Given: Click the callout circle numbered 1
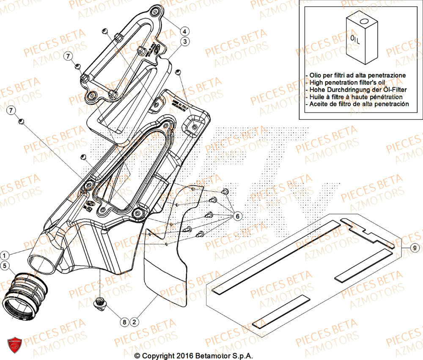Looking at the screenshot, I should (5, 255).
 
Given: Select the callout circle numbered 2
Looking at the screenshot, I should (134, 322).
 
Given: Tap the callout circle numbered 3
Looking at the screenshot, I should (185, 41).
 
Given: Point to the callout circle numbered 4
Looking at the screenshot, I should (185, 30).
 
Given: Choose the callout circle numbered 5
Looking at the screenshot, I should (5, 266).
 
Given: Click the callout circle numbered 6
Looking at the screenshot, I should (237, 216).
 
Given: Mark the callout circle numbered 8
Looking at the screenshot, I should (124, 322).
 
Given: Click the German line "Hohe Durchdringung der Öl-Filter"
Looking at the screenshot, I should (353, 89).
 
